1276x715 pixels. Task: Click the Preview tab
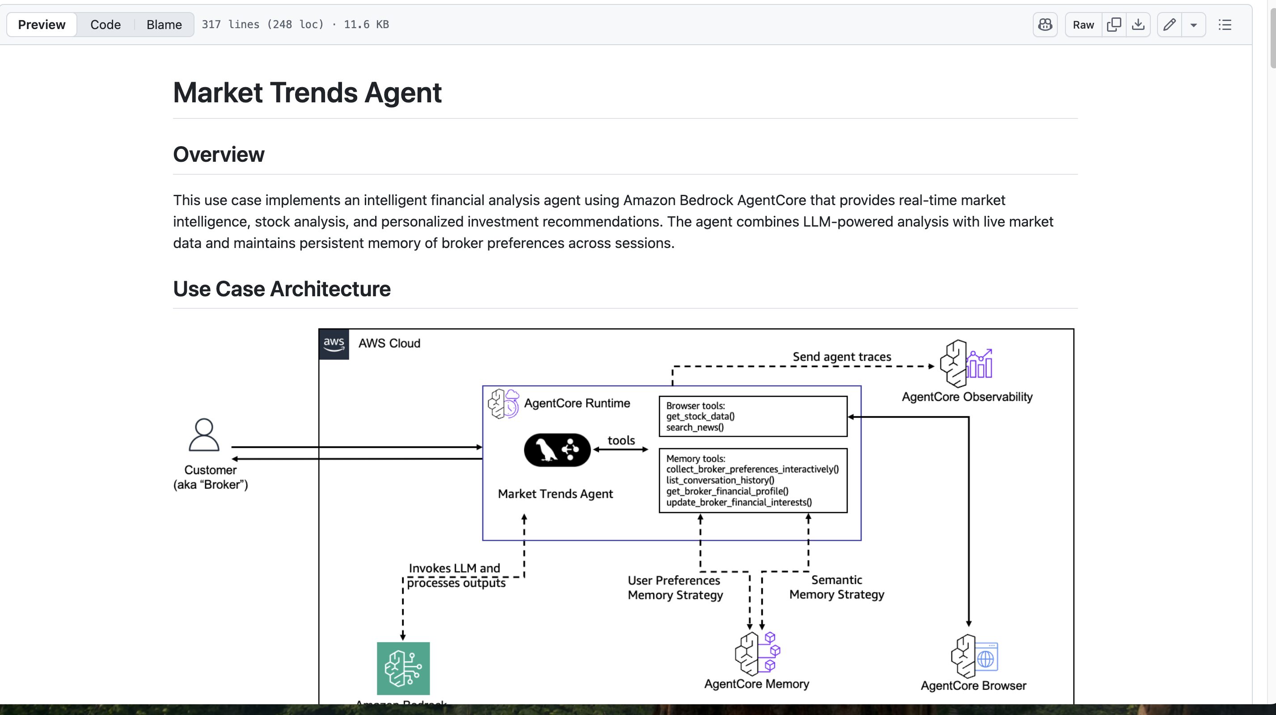click(42, 25)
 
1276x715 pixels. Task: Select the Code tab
click(105, 25)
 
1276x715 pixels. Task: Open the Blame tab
click(164, 25)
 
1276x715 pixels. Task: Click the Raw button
click(1083, 25)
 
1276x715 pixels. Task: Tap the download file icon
click(1138, 25)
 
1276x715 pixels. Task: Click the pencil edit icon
click(1170, 25)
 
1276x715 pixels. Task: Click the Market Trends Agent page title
click(307, 93)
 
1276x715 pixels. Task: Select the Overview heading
click(219, 155)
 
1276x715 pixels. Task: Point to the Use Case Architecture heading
click(281, 289)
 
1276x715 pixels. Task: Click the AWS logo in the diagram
click(334, 344)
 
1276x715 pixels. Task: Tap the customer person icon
click(203, 435)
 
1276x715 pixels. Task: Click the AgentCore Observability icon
click(966, 363)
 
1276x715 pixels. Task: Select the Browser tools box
click(752, 416)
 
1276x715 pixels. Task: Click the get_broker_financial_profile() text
click(727, 491)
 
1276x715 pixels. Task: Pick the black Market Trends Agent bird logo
click(557, 450)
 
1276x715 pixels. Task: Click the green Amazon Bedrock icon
click(403, 668)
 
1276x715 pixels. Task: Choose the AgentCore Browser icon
click(974, 656)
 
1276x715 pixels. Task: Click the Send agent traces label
click(841, 357)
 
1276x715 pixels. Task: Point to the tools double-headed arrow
click(621, 450)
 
